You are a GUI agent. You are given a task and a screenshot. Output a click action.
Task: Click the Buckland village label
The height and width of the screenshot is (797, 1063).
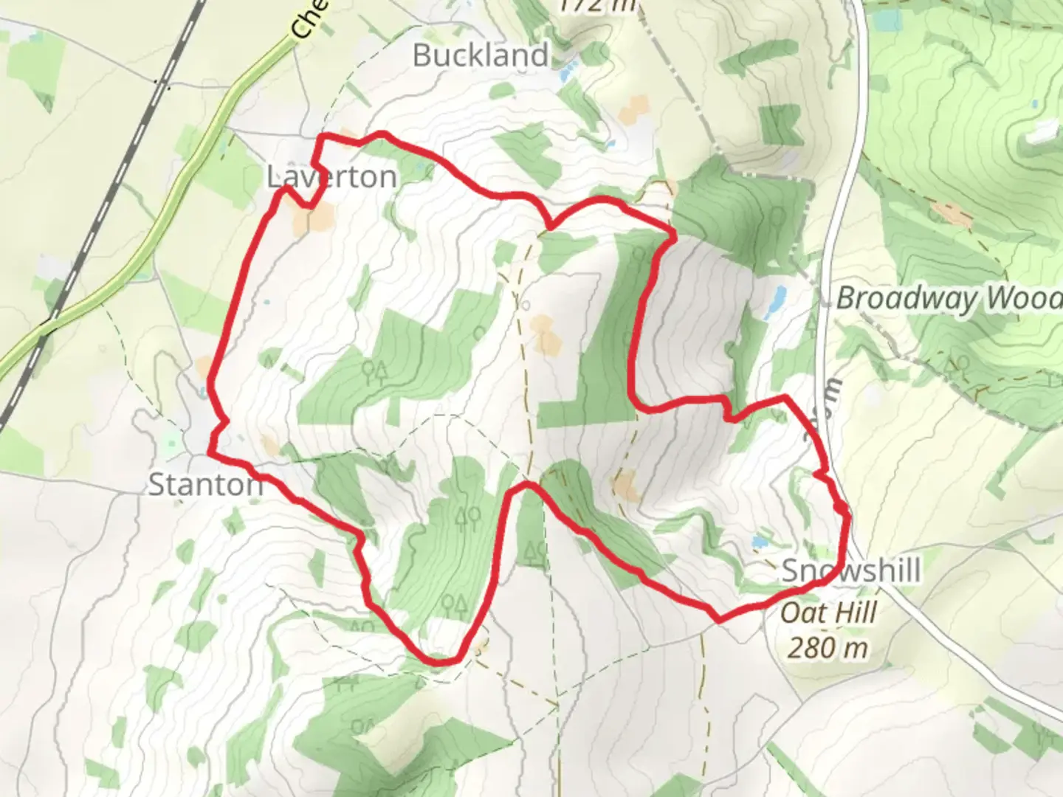click(x=481, y=55)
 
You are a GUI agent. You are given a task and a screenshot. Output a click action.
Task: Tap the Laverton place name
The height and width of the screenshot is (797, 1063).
click(x=331, y=177)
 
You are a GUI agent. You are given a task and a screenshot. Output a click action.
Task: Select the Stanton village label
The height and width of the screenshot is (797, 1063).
click(x=205, y=485)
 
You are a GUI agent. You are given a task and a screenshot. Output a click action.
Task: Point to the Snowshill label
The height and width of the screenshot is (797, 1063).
click(x=850, y=570)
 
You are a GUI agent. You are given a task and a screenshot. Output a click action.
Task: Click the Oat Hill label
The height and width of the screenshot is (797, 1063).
click(x=828, y=613)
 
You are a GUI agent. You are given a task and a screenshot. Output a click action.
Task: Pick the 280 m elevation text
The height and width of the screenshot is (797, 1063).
click(x=827, y=648)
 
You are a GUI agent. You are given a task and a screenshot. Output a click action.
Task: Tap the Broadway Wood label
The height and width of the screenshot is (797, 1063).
click(x=949, y=299)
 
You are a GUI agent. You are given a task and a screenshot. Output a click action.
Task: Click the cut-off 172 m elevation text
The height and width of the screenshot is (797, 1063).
click(x=596, y=6)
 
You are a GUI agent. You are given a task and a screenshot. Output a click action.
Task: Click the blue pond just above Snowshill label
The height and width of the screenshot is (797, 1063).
click(x=758, y=543)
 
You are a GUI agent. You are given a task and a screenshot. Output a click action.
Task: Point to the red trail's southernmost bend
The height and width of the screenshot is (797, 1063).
click(x=441, y=661)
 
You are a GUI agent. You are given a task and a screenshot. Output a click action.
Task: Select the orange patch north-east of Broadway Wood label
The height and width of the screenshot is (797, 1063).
click(x=952, y=213)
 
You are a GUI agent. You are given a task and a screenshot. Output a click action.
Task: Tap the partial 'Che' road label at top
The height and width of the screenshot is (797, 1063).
click(x=306, y=19)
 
